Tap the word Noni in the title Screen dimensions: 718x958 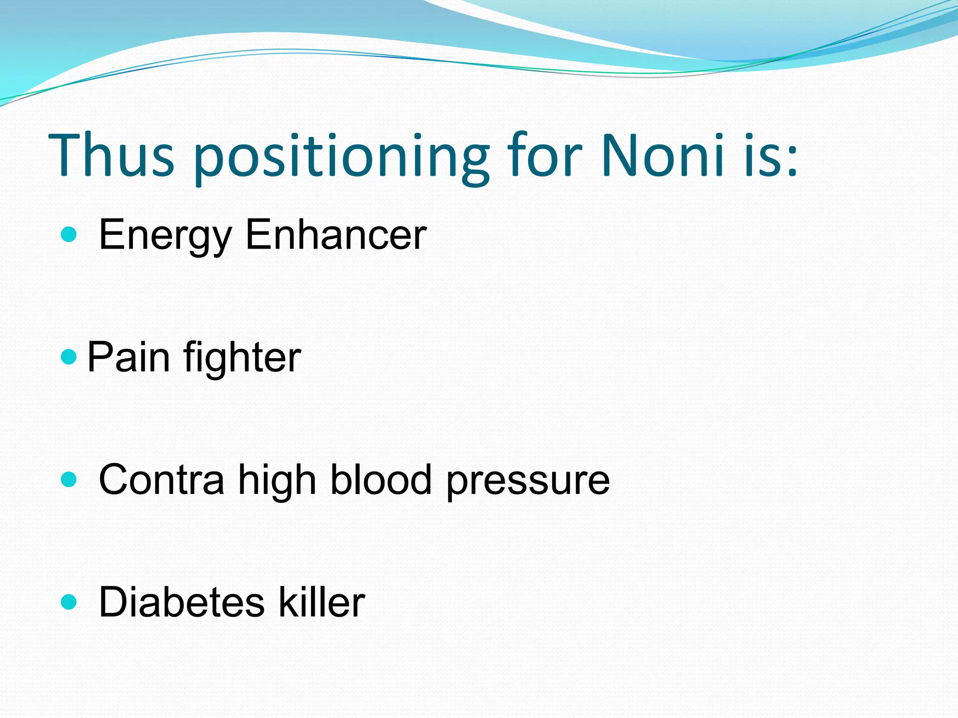pyautogui.click(x=662, y=155)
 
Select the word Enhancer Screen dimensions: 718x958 pyautogui.click(x=336, y=235)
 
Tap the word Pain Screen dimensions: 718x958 pyautogui.click(x=129, y=357)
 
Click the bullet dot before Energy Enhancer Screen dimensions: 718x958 pyautogui.click(x=69, y=235)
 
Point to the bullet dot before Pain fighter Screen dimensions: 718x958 pyautogui.click(x=69, y=357)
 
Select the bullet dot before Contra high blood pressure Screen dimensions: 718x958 pyautogui.click(x=69, y=480)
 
